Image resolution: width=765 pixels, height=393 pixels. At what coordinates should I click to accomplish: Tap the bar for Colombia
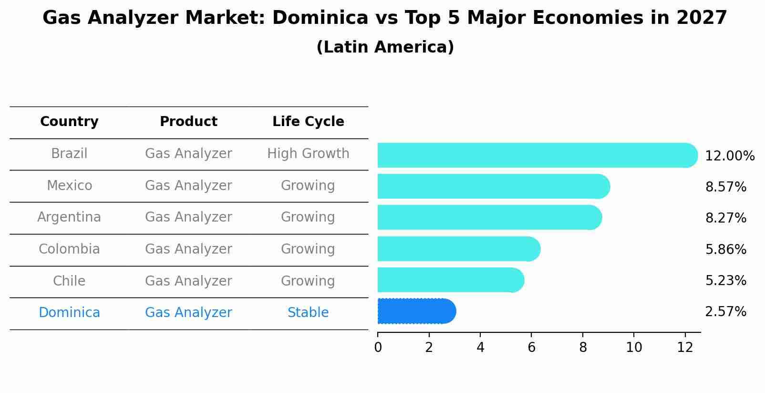pyautogui.click(x=458, y=249)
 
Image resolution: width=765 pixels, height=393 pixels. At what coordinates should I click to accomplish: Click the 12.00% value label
pyautogui.click(x=729, y=156)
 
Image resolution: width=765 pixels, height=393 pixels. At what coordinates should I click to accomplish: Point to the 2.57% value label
pyautogui.click(x=725, y=312)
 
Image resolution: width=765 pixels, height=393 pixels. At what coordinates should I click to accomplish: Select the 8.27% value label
pyautogui.click(x=725, y=218)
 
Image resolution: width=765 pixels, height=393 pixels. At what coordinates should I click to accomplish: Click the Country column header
pyautogui.click(x=69, y=122)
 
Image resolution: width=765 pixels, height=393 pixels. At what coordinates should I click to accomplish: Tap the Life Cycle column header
pyautogui.click(x=308, y=122)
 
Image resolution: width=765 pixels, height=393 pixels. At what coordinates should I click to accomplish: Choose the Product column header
pyautogui.click(x=188, y=122)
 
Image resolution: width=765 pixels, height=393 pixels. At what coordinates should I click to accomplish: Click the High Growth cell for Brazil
pyautogui.click(x=308, y=154)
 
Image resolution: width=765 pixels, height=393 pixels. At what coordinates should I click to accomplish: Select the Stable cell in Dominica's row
pyautogui.click(x=308, y=313)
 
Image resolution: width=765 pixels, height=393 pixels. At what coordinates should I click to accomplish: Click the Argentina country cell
pyautogui.click(x=69, y=217)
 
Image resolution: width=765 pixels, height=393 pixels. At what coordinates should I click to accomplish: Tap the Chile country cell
pyautogui.click(x=69, y=281)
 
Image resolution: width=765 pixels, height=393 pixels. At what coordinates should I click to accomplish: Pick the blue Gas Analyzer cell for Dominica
pyautogui.click(x=188, y=313)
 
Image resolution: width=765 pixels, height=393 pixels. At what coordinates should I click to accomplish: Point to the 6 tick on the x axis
pyautogui.click(x=531, y=348)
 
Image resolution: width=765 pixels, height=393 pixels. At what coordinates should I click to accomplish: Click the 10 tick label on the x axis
pyautogui.click(x=634, y=348)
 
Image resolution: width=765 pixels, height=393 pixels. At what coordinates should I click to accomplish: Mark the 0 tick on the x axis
pyautogui.click(x=378, y=348)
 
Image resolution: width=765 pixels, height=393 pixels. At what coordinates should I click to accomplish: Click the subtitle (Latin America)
pyautogui.click(x=385, y=47)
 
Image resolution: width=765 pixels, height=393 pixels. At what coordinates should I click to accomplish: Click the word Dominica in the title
pyautogui.click(x=320, y=18)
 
